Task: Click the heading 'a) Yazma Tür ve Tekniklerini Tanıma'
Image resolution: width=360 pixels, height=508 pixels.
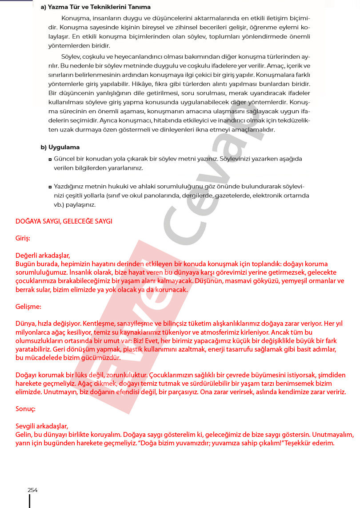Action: click(x=96, y=7)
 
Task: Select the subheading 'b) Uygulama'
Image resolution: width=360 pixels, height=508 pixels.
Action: click(x=60, y=147)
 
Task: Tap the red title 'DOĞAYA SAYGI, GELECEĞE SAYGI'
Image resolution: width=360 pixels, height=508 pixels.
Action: click(x=64, y=221)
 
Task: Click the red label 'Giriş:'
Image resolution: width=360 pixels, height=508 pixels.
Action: click(x=23, y=238)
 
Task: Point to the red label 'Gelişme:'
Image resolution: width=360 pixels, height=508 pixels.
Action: click(x=28, y=307)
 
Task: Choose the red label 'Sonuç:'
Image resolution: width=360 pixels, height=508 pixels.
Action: click(x=26, y=408)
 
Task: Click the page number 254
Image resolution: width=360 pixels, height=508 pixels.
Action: click(x=32, y=490)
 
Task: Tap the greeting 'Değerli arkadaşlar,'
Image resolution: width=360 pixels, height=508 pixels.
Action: click(x=43, y=256)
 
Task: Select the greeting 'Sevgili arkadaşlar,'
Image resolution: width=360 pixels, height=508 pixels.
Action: click(x=42, y=426)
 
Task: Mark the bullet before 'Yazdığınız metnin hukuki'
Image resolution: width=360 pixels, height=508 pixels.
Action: click(x=50, y=187)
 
